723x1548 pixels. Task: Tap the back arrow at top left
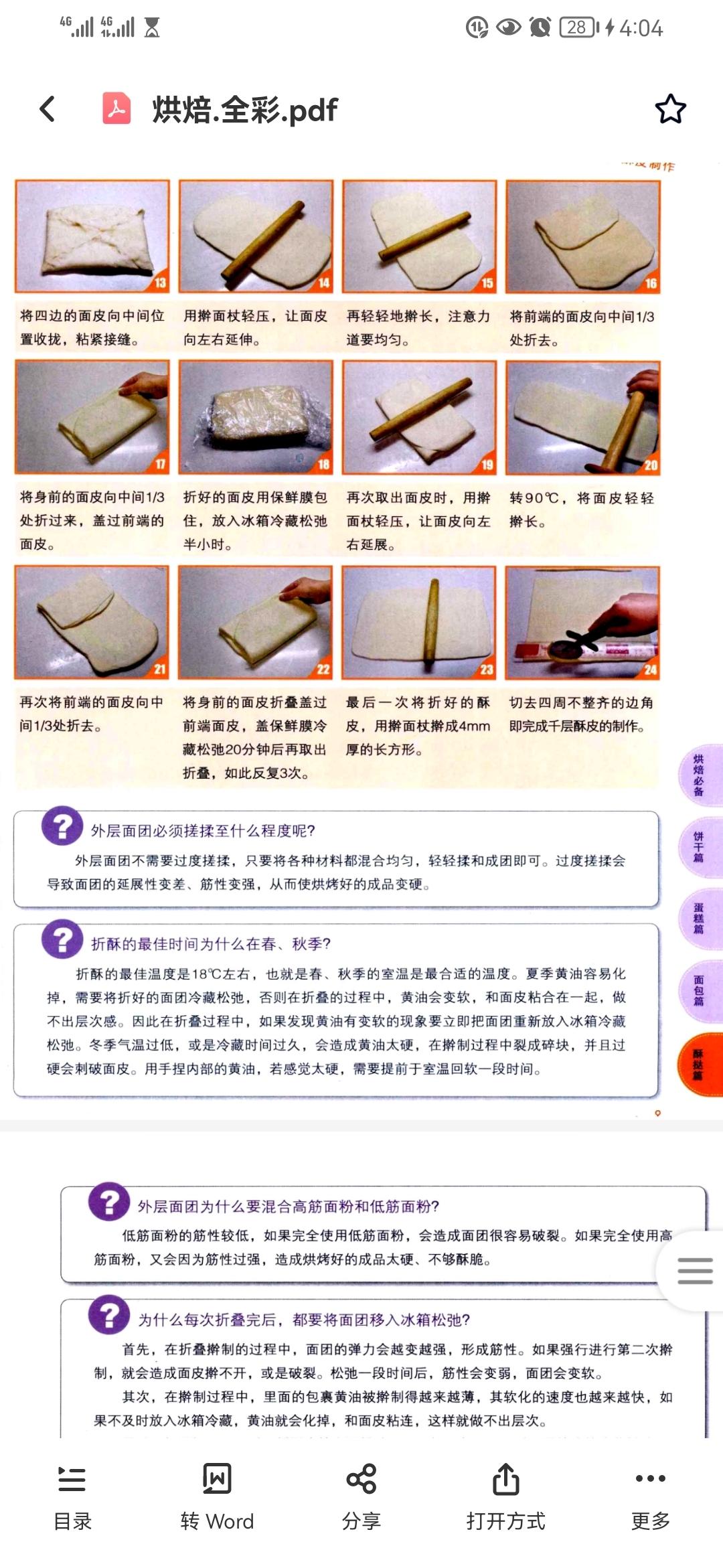[47, 109]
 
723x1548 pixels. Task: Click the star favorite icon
[670, 109]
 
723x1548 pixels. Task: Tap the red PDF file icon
[116, 108]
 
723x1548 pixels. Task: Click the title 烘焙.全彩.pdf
[245, 110]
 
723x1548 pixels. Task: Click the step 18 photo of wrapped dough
[256, 417]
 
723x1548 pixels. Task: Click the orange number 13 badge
[160, 283]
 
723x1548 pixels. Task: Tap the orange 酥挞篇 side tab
[699, 1065]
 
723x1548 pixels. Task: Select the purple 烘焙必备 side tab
[699, 775]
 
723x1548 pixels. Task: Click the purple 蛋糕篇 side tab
[699, 919]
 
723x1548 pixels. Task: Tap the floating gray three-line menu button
[694, 1270]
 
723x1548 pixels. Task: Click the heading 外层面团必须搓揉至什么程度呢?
[203, 831]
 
